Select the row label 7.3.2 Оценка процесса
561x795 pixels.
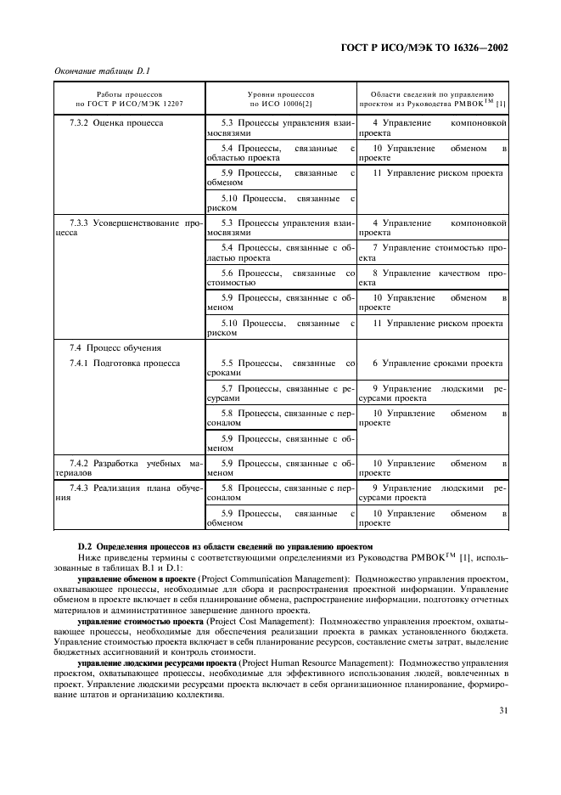(x=116, y=123)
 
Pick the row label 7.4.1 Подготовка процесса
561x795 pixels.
(x=124, y=364)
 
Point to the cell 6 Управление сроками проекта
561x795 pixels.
(x=437, y=364)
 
